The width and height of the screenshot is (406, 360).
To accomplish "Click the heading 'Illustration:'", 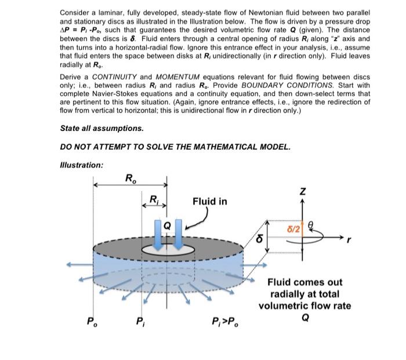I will [82, 165].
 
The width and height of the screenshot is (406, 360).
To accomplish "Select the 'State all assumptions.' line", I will [101, 128].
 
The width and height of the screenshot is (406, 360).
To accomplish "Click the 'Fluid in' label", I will [210, 201].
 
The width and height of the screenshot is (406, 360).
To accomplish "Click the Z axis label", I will [302, 191].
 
